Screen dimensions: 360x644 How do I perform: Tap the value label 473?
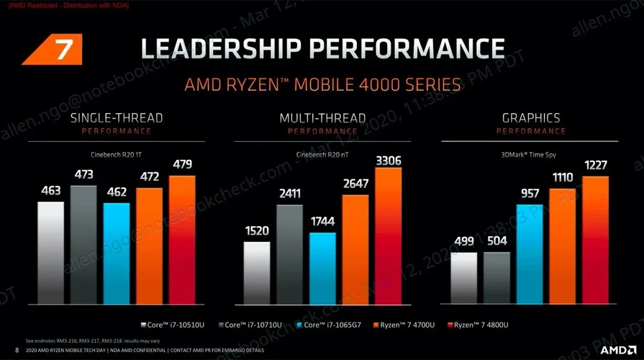[83, 175]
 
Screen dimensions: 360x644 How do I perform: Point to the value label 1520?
[257, 231]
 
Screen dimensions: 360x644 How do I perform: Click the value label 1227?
[596, 165]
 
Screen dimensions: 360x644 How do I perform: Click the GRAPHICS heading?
[531, 117]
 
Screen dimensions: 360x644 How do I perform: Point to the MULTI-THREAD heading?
[322, 117]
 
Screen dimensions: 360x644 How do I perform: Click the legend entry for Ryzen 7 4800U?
[478, 325]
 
